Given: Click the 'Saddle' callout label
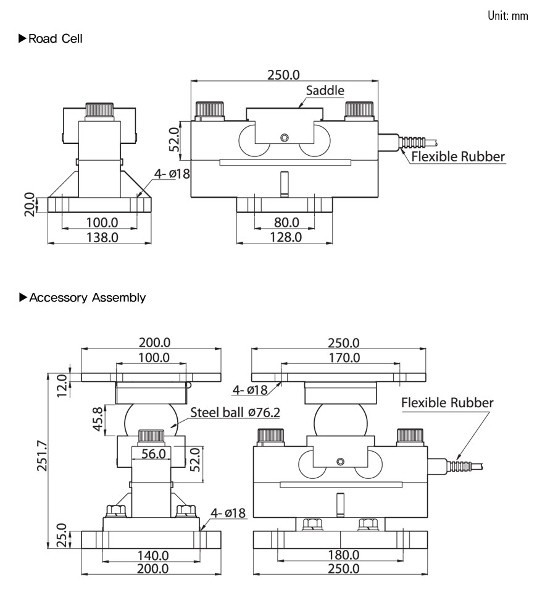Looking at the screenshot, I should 325,90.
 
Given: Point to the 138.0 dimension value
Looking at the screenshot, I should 101,237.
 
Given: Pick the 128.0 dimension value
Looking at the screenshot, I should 286,237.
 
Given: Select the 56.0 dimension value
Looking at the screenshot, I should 154,454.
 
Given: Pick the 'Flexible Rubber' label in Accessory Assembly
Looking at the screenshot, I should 447,403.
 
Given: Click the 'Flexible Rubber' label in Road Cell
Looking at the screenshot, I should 458,156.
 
